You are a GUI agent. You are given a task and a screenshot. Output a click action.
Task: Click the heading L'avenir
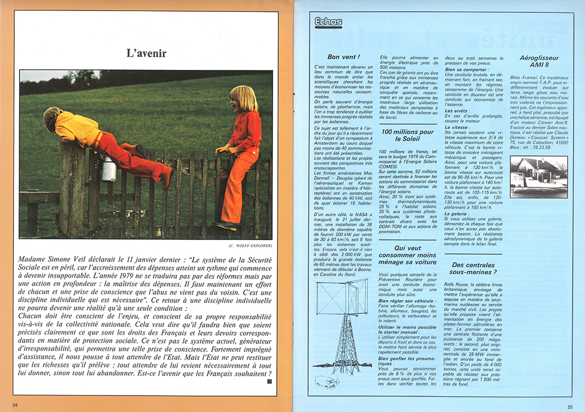146,53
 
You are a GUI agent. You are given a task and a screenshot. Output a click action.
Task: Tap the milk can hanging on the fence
109,169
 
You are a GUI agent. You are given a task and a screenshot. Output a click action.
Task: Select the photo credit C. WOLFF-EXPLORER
246,245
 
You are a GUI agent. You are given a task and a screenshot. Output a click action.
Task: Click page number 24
15,405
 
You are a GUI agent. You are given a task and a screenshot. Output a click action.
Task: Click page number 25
569,406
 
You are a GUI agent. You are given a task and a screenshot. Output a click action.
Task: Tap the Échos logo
328,22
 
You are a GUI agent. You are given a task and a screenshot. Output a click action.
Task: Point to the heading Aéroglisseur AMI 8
539,62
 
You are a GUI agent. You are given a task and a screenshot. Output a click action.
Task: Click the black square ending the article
270,382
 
